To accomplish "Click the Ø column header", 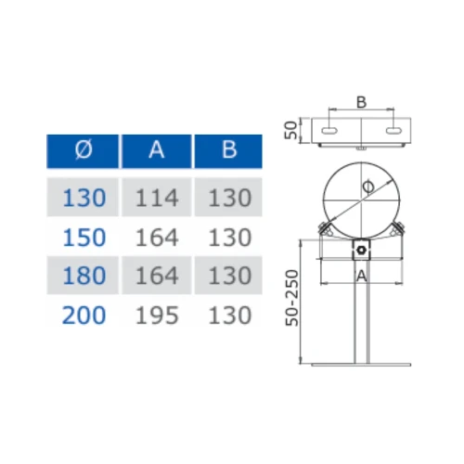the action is [x=84, y=149].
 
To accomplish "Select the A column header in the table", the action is [x=157, y=149].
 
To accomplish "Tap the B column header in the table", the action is [x=229, y=149].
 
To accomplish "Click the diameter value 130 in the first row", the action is [x=84, y=198].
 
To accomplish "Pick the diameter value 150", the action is [x=84, y=238].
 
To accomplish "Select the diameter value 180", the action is [x=84, y=276].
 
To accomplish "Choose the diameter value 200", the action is [x=84, y=316].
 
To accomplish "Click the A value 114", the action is [x=157, y=198].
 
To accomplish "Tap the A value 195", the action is [x=157, y=316].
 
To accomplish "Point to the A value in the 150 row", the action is [x=157, y=238].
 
